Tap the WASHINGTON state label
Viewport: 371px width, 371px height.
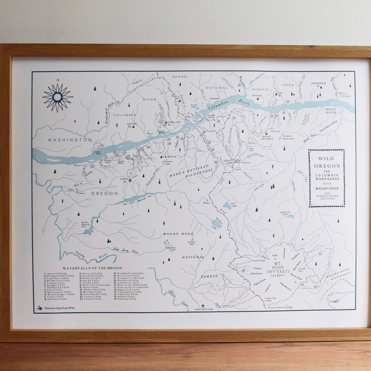point(70,140)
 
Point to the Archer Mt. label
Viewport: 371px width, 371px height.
point(132,124)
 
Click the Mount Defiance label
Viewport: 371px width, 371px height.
point(267,137)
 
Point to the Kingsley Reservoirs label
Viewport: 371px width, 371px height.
point(288,138)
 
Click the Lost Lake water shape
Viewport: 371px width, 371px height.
point(227,205)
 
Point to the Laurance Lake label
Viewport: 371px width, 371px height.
point(285,213)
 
